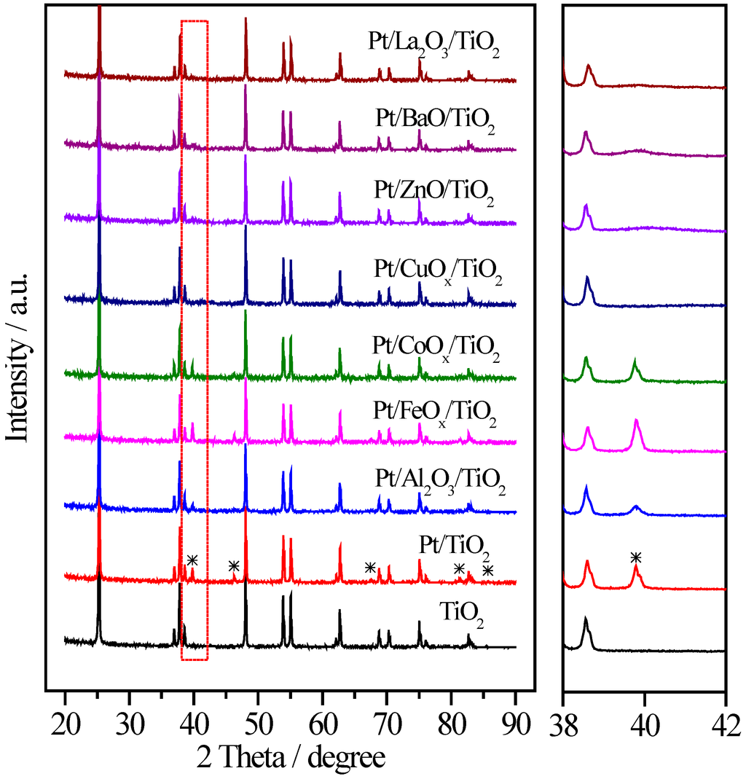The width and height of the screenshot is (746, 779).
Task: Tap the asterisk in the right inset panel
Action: pyautogui.click(x=635, y=558)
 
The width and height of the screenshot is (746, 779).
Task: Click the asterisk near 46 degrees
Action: pyautogui.click(x=233, y=565)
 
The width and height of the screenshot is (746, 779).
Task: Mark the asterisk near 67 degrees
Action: pyautogui.click(x=370, y=567)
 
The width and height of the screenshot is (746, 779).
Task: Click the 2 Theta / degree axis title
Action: pyautogui.click(x=291, y=757)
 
